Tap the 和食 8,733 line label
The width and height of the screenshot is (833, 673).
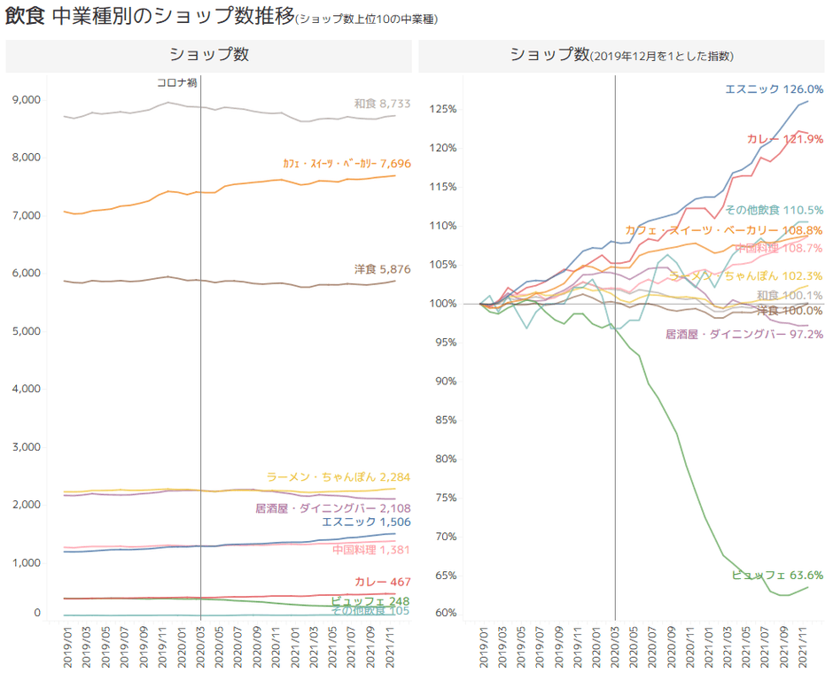382,104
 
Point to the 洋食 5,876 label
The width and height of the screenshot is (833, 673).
382,269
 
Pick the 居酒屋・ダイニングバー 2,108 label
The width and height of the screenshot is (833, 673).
332,508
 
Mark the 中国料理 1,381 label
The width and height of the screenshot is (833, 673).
371,550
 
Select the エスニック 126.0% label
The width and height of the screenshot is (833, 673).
774,89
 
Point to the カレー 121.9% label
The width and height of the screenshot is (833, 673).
785,138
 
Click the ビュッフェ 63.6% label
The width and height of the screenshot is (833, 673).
777,575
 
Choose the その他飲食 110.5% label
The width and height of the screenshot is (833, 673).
774,211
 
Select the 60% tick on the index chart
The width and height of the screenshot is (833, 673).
446,613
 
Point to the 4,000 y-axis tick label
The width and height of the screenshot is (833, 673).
27,389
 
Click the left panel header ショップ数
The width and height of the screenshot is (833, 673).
209,55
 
